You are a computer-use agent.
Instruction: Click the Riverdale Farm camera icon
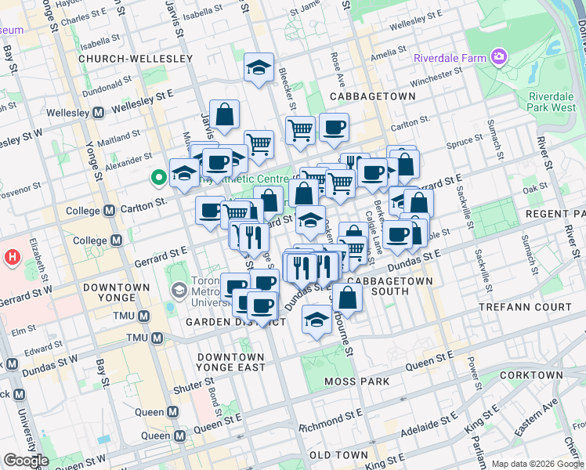(498, 56)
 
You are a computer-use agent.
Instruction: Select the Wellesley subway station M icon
(99, 113)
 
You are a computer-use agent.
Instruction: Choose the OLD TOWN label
(339, 455)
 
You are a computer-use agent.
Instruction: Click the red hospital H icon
(12, 256)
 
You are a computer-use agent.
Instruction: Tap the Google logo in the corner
(25, 461)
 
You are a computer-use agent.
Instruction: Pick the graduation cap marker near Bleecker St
(259, 68)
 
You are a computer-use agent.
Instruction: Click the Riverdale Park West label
(552, 102)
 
